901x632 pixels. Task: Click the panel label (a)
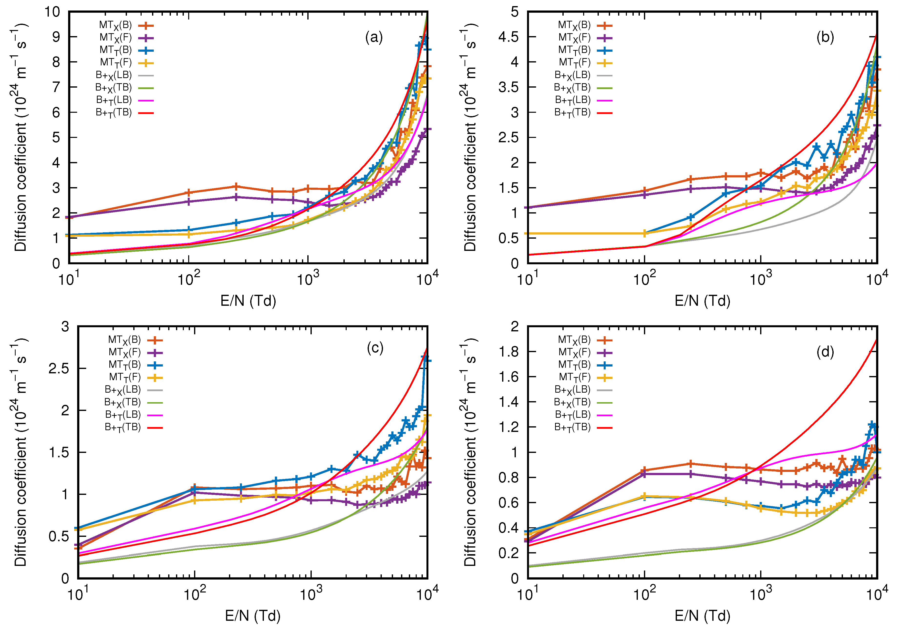373,38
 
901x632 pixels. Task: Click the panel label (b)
825,38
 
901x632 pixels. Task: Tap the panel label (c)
375,348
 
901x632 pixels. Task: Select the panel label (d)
825,352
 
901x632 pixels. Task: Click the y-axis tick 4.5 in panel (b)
508,37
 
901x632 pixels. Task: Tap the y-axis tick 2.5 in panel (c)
59,369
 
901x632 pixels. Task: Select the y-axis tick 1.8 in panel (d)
508,352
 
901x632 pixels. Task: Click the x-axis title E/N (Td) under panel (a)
248,301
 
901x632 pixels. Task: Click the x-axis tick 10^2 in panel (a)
189,280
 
